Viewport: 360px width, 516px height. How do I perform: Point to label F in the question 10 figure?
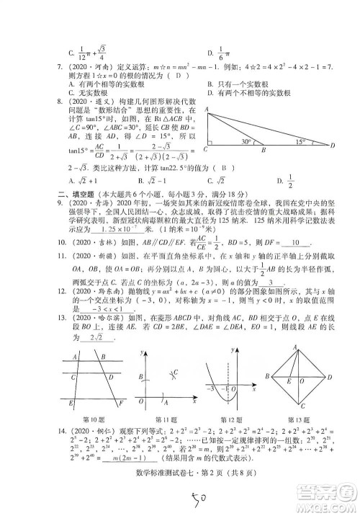point(122,401)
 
